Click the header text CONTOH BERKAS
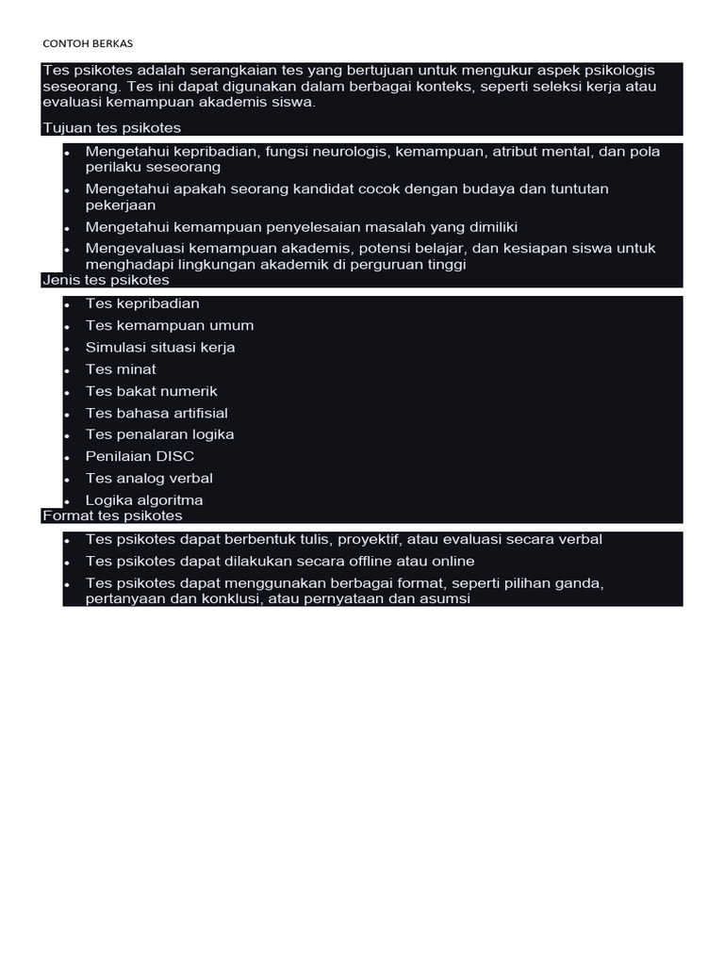pos(94,44)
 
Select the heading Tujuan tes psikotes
pos(111,127)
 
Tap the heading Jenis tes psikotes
pos(106,280)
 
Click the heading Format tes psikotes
pos(112,515)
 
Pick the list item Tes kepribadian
pos(142,303)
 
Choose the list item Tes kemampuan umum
pos(170,325)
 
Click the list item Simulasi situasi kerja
pos(160,347)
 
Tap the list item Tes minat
pos(121,368)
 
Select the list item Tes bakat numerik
pos(152,390)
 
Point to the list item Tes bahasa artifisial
pos(156,413)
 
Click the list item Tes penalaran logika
pos(160,434)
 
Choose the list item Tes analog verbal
pos(149,478)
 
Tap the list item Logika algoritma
pos(144,500)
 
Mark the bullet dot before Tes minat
pos(67,370)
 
